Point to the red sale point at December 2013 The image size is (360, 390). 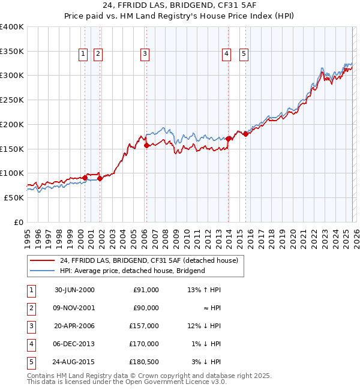(x=228, y=139)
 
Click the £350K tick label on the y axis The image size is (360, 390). (x=12, y=52)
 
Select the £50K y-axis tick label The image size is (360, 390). (x=14, y=197)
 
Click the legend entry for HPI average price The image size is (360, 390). (x=132, y=271)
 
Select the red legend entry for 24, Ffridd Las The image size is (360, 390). (x=149, y=260)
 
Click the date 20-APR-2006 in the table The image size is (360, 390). (x=74, y=326)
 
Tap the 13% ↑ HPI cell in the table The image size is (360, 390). (x=204, y=290)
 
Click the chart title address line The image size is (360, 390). (x=180, y=5)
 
